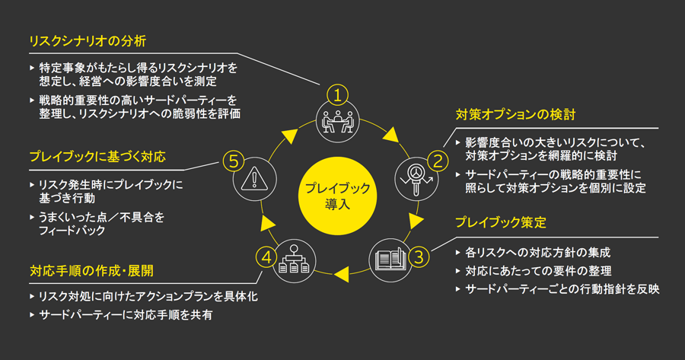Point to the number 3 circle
click(417, 256)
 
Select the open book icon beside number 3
click(388, 257)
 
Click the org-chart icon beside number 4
click(292, 257)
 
